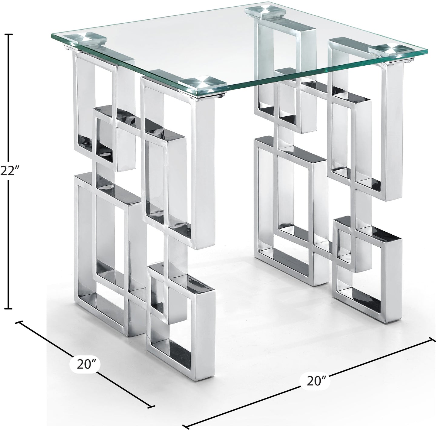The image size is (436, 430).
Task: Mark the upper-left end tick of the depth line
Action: [x=20, y=323]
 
